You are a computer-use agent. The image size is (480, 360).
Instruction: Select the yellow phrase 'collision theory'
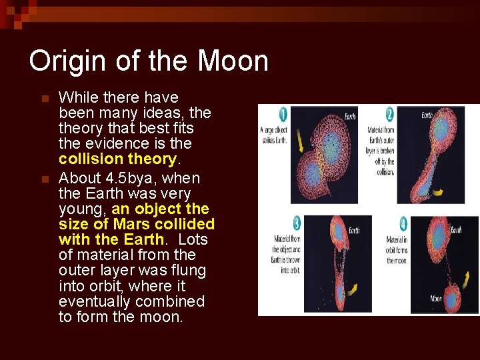pyautogui.click(x=117, y=159)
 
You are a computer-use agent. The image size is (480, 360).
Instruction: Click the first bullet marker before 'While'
pyautogui.click(x=45, y=99)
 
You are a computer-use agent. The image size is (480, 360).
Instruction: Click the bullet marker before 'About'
pyautogui.click(x=45, y=179)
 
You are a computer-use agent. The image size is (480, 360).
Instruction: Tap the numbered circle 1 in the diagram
pyautogui.click(x=283, y=114)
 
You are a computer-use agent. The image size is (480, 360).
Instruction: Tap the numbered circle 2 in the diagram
pyautogui.click(x=390, y=114)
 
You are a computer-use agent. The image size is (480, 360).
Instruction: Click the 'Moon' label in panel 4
pyautogui.click(x=436, y=299)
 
